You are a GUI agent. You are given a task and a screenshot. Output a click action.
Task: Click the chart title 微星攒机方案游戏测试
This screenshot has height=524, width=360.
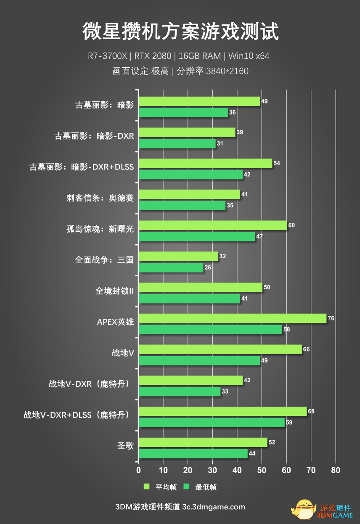tap(180, 32)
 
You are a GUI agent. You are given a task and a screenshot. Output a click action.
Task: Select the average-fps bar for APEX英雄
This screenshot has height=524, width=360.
tap(232, 318)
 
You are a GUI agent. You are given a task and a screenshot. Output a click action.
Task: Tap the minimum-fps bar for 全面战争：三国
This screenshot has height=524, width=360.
tap(171, 267)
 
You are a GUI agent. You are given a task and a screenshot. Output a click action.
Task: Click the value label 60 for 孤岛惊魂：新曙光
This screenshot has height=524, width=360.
tap(291, 225)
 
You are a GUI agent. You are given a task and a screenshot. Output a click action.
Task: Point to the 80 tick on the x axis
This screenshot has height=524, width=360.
tap(335, 470)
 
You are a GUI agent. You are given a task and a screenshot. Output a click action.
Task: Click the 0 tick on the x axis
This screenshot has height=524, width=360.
tap(138, 470)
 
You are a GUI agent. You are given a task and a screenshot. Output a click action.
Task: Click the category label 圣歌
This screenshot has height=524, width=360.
tap(125, 446)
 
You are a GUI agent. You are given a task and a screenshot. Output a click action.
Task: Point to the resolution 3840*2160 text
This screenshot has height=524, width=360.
tap(226, 71)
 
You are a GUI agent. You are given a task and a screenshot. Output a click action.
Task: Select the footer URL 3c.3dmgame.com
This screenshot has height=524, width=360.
tap(214, 507)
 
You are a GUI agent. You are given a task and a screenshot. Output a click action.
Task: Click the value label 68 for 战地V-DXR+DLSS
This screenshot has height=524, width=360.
tap(311, 411)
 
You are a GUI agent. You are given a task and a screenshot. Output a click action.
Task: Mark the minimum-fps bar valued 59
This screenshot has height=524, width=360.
tap(212, 422)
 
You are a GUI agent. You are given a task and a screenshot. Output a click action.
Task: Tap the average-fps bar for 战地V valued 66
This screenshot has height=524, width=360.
tap(220, 349)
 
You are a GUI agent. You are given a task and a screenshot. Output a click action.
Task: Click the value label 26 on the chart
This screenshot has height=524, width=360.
tap(208, 267)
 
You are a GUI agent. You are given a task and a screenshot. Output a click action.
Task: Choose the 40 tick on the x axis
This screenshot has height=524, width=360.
tap(237, 470)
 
